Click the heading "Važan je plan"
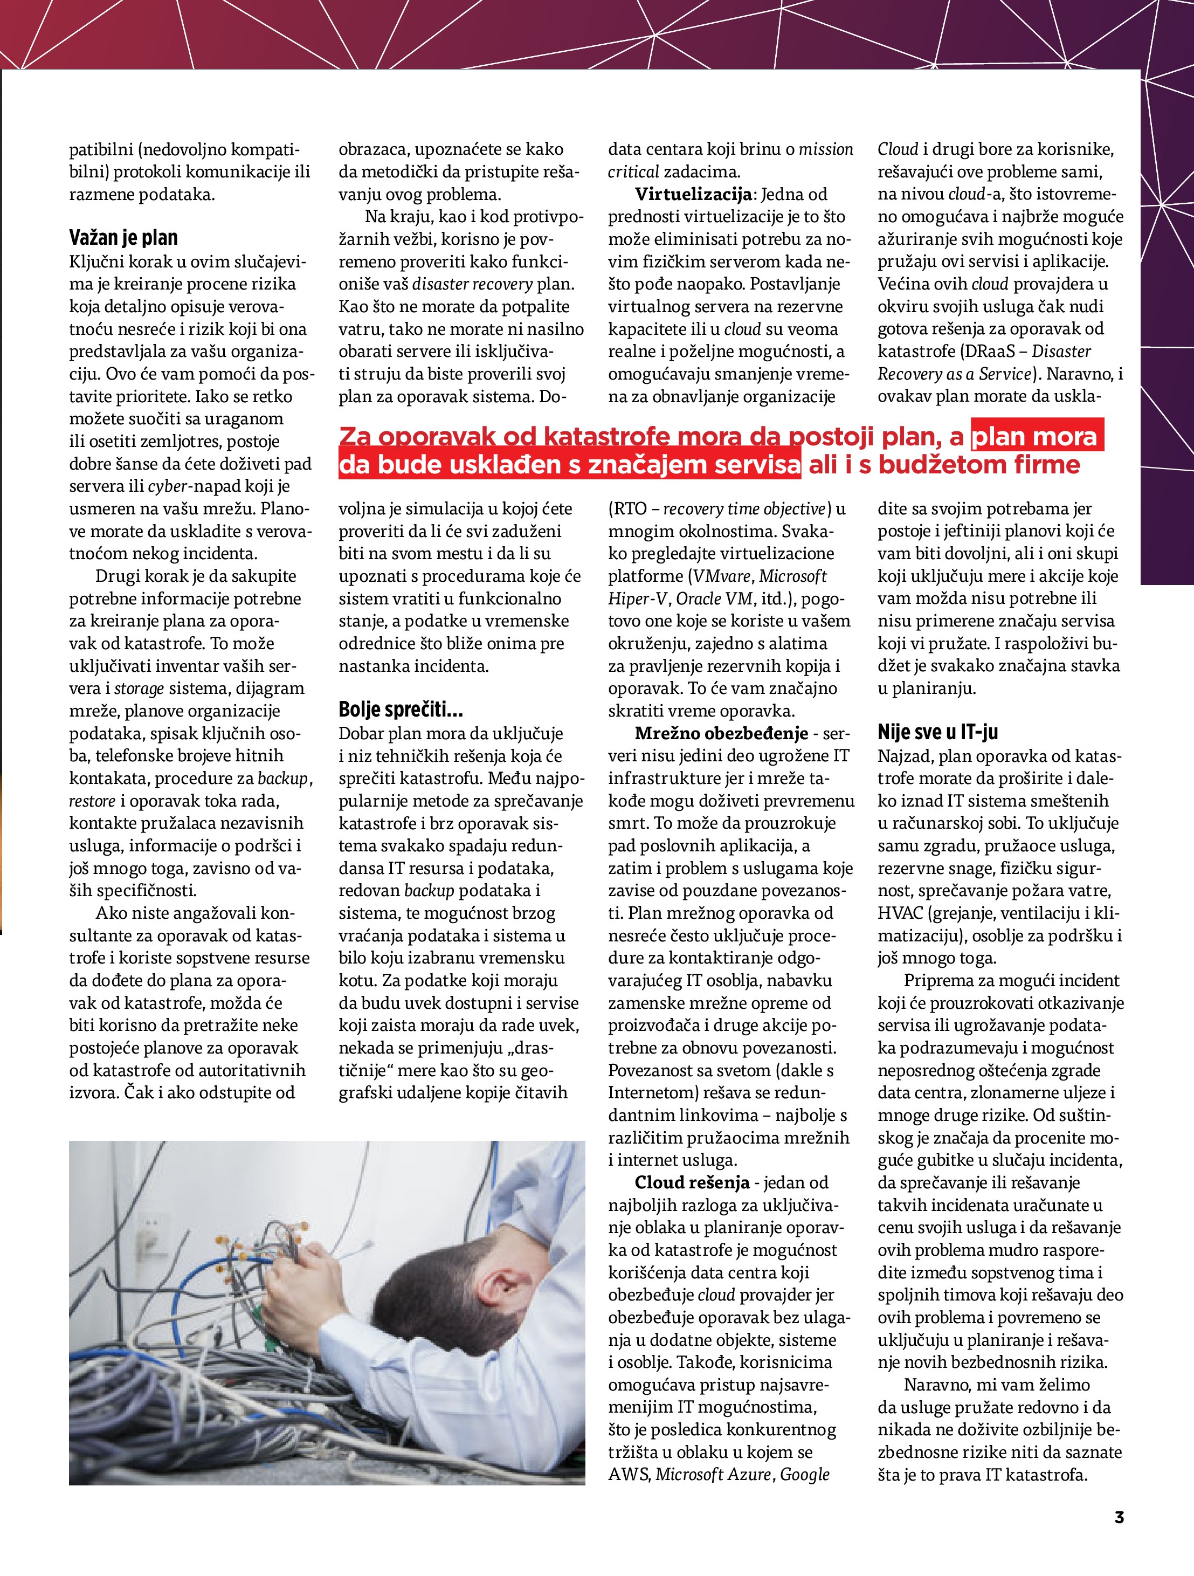click(x=123, y=237)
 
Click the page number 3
click(x=1119, y=1517)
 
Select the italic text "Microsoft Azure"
click(x=714, y=1475)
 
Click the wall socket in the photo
click(x=150, y=1233)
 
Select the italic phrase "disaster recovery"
click(x=472, y=284)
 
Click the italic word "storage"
click(x=139, y=688)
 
